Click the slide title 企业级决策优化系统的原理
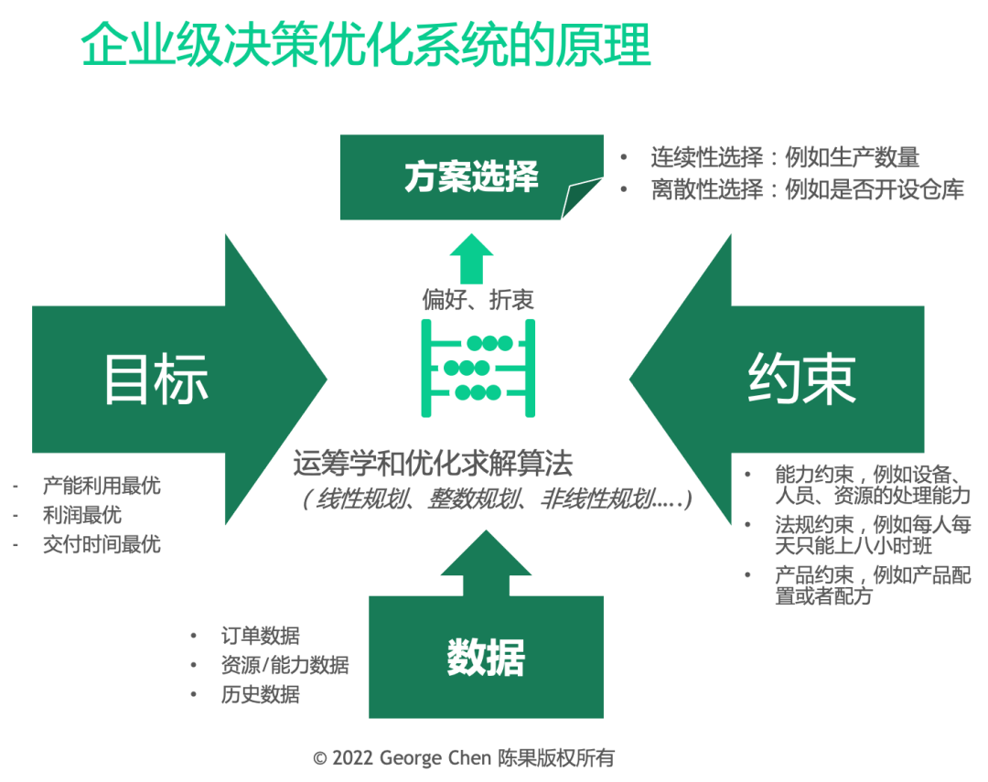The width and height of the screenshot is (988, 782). point(366,46)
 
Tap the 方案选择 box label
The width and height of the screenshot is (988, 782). point(471,177)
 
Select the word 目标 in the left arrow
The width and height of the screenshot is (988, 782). point(156,379)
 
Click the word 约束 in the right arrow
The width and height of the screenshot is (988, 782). point(802,379)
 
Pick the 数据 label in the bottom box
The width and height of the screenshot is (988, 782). point(486,658)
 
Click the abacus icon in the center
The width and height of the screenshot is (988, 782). point(478,368)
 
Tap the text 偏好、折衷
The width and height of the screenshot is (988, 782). point(478,299)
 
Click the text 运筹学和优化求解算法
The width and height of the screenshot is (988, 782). point(433,465)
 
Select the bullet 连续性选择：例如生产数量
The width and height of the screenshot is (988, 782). point(784,157)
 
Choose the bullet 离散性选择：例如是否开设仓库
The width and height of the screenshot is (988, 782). point(807,190)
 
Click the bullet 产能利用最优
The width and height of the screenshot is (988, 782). point(102,486)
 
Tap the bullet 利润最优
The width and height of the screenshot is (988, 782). point(82,515)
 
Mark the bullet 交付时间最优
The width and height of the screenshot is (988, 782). point(102,544)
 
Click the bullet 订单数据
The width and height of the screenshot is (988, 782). point(260,636)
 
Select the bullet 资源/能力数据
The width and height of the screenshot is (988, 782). point(285,665)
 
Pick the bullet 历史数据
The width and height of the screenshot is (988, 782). point(260,694)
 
